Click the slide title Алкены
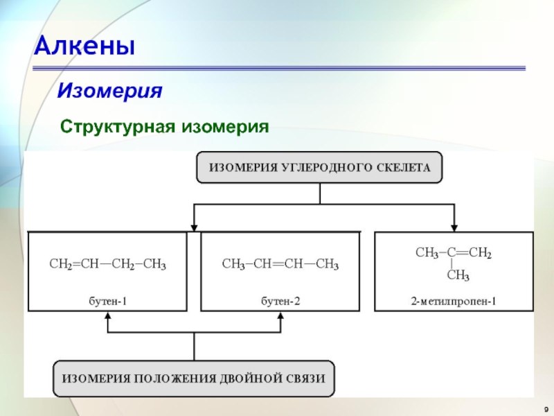point(85,47)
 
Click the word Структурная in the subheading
point(118,127)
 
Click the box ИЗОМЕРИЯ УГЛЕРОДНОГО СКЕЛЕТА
point(319,167)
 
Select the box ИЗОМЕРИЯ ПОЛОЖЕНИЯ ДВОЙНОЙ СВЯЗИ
point(194,378)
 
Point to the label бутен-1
point(107,301)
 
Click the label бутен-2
point(280,301)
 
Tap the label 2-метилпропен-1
point(454,301)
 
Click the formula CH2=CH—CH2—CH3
point(107,264)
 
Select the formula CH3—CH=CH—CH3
point(280,264)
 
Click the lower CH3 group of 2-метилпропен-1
point(458,277)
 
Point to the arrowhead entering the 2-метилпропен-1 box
point(454,226)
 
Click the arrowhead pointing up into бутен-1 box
point(107,316)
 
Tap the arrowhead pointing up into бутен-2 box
point(280,316)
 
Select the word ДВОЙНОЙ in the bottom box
point(252,378)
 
